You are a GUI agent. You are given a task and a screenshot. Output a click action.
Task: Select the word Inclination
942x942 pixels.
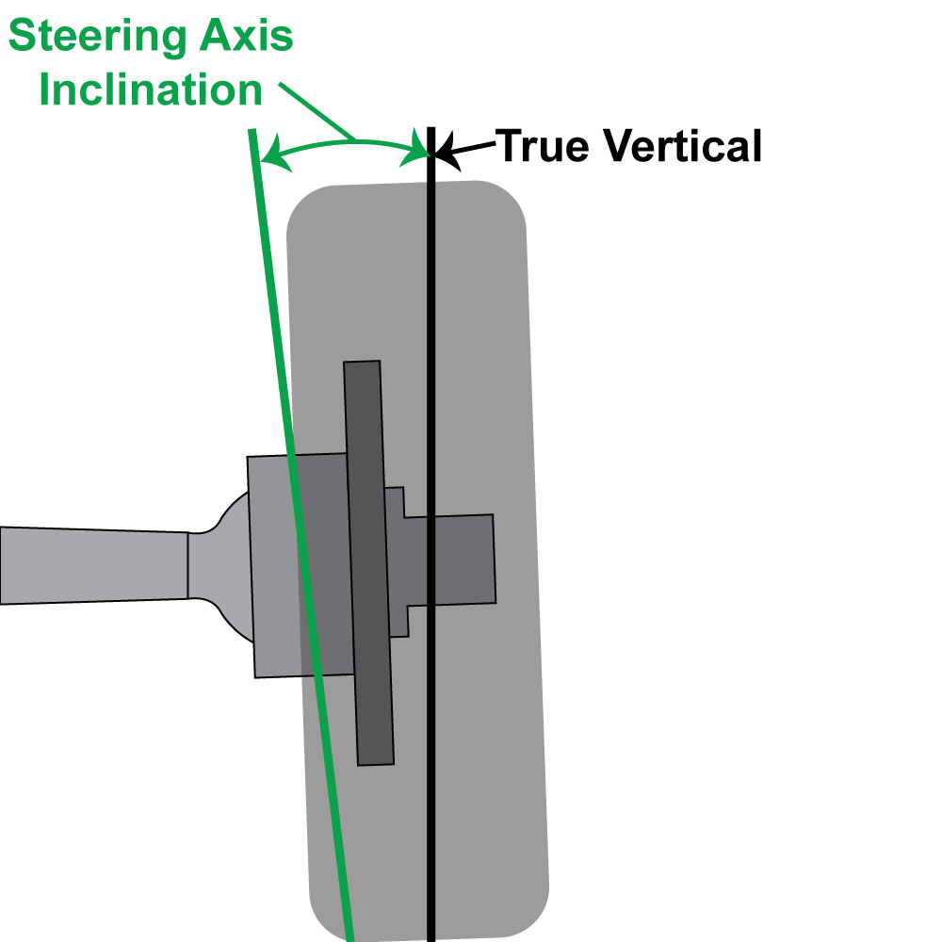tap(152, 89)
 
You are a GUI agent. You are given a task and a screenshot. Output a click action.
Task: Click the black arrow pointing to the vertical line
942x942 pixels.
tap(466, 148)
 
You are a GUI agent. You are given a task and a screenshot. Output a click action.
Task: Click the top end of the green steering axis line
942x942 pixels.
tap(252, 132)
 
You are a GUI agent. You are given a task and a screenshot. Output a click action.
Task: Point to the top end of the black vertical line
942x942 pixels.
tap(430, 130)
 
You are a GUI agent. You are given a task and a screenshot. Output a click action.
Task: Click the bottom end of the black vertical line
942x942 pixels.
tap(430, 937)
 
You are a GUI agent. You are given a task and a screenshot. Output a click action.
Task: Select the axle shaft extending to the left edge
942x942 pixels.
tap(94, 564)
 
